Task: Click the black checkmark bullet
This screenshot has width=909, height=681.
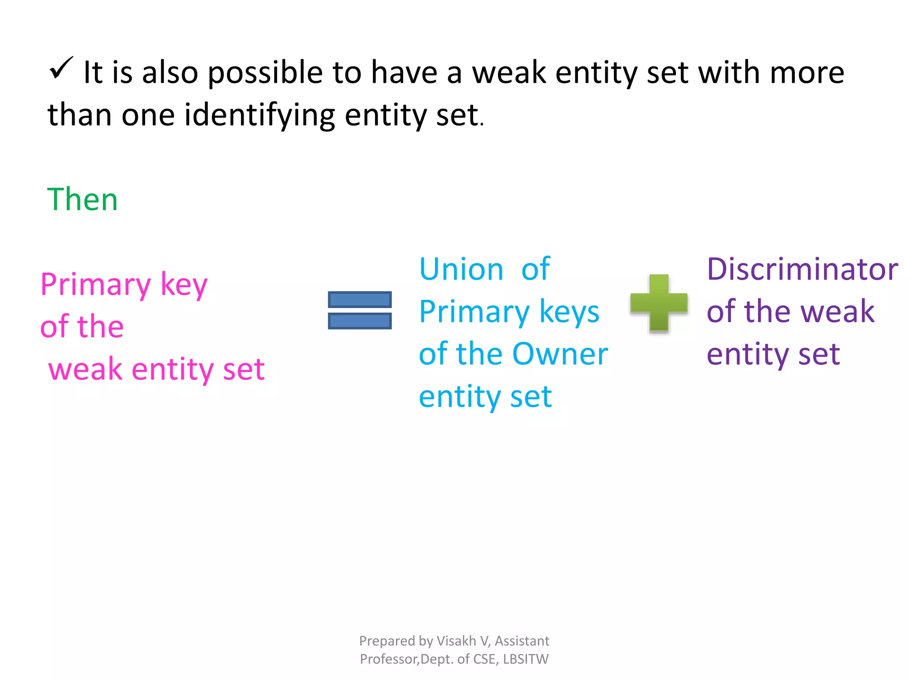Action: coord(61,68)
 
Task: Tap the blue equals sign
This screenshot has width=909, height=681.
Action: coord(360,310)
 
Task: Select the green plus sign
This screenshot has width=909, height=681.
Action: coord(659,303)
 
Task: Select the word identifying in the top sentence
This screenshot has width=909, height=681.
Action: coord(260,115)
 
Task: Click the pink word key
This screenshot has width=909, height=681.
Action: coord(184,285)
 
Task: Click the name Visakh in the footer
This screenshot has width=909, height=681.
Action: coord(456,641)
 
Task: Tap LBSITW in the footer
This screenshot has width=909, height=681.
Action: coord(526,659)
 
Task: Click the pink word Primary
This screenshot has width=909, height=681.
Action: coord(95,285)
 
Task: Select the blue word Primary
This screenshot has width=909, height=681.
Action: coord(474,312)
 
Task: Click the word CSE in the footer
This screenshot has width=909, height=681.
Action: coord(484,659)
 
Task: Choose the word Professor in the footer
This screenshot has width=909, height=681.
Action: coord(389,659)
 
